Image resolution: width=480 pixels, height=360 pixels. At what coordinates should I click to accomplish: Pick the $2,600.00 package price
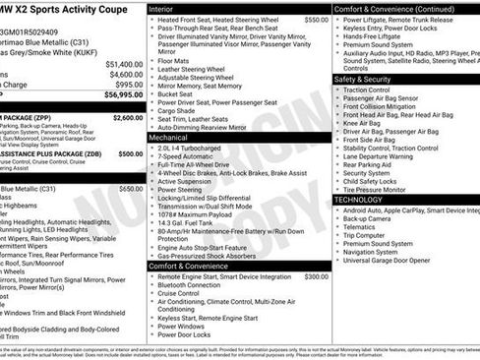(x=127, y=117)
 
